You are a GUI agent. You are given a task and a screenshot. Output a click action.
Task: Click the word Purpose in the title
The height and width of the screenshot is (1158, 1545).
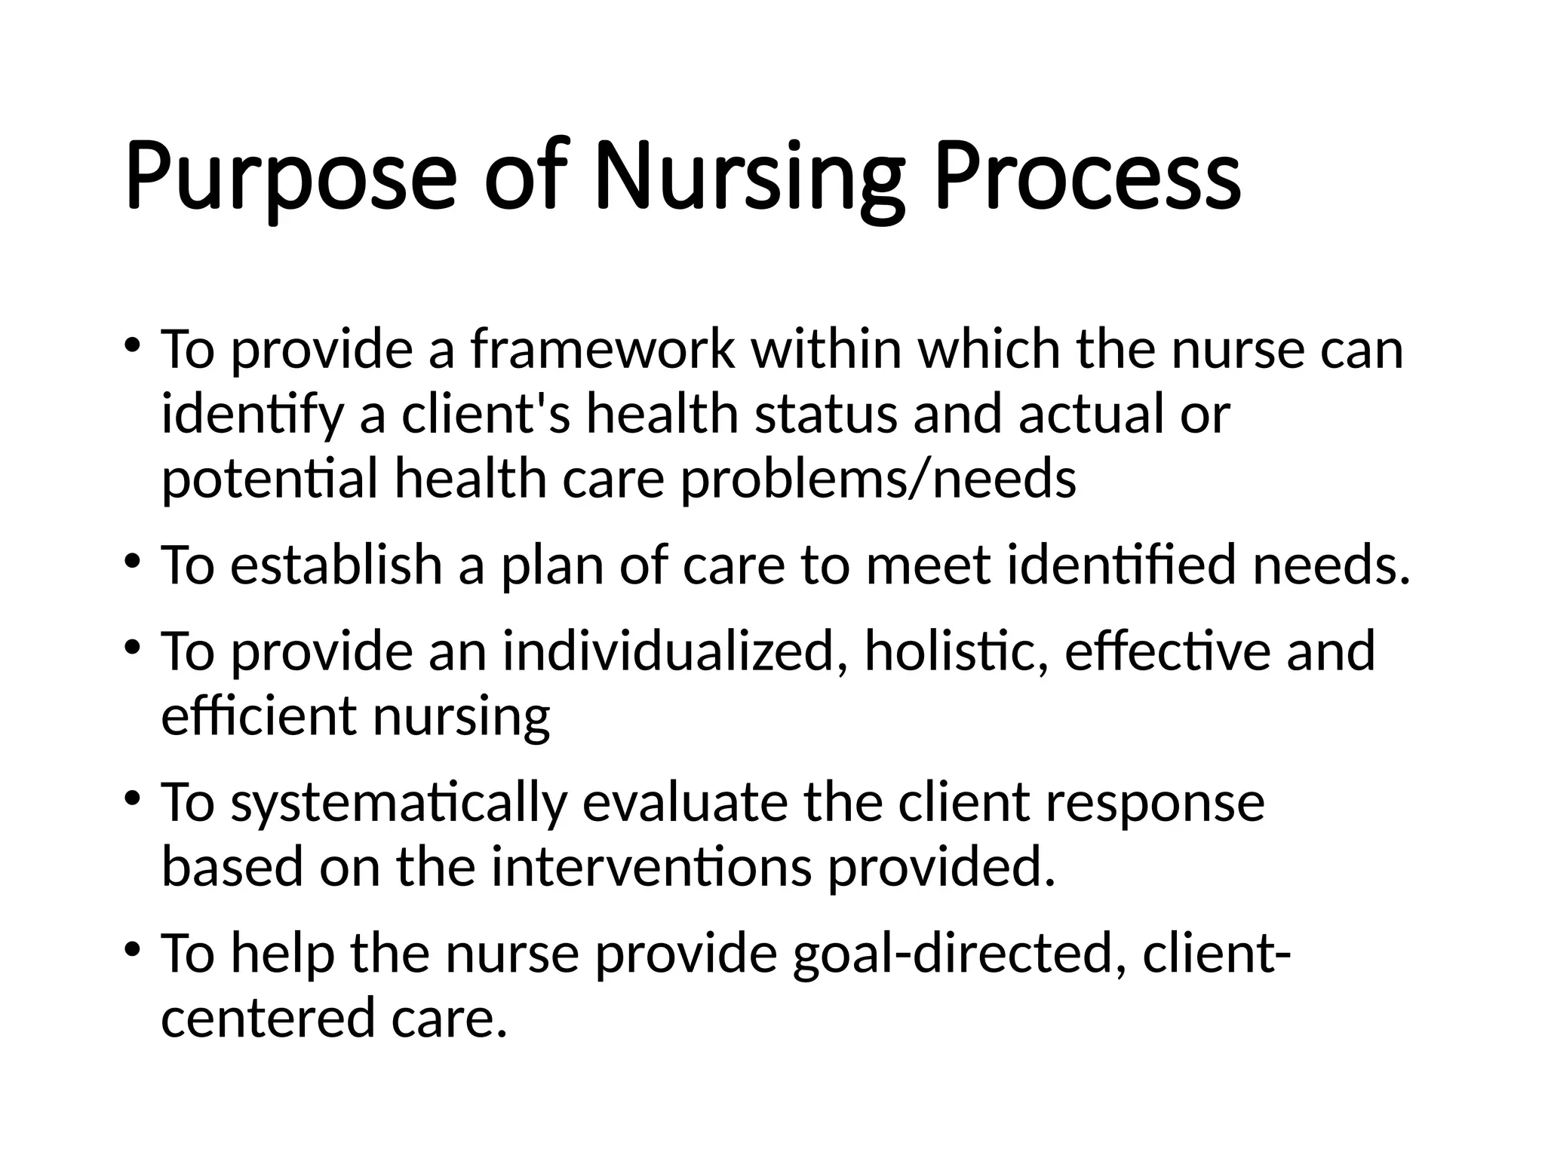[290, 178]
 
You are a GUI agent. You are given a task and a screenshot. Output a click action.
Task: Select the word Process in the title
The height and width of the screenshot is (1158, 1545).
[1087, 178]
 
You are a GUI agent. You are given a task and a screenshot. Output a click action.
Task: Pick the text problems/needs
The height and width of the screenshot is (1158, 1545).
[878, 479]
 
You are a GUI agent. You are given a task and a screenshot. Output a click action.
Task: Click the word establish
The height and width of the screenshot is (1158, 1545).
[336, 565]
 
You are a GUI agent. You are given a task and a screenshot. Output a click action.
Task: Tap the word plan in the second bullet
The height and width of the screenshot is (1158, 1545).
[551, 565]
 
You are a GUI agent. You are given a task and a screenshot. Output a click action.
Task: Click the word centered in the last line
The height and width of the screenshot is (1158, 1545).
[268, 1018]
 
